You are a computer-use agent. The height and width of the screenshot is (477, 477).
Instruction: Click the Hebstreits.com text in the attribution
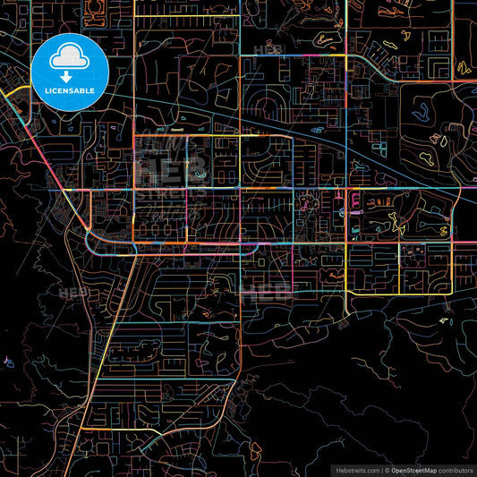pos(355,470)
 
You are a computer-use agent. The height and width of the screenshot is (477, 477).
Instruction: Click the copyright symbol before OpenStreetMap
pos(387,470)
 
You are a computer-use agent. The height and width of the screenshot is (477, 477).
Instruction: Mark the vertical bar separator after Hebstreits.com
pos(379,470)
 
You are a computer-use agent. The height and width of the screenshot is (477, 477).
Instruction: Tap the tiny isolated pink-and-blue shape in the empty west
pos(8,362)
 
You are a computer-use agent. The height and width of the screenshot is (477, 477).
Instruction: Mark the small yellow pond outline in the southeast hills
pos(444,319)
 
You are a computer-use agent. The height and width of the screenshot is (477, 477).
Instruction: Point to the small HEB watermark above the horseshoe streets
pos(267,50)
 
